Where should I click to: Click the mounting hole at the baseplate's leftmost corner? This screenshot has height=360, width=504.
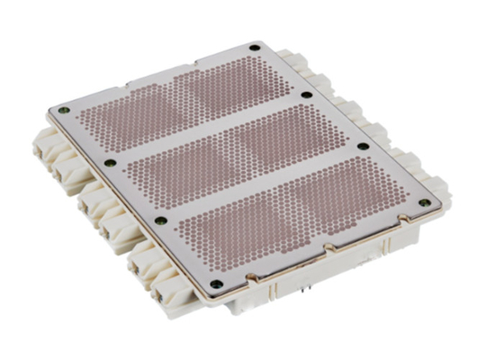pyautogui.click(x=62, y=111)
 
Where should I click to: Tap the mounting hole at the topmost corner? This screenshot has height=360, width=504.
pyautogui.click(x=256, y=46)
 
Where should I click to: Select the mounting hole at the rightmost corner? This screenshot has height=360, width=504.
pyautogui.click(x=421, y=203)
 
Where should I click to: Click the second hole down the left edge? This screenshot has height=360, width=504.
pyautogui.click(x=110, y=163)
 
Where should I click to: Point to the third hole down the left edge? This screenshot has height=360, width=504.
pyautogui.click(x=160, y=218)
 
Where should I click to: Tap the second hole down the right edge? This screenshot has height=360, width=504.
pyautogui.click(x=308, y=94)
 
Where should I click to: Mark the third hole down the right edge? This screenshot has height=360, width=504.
pyautogui.click(x=364, y=146)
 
